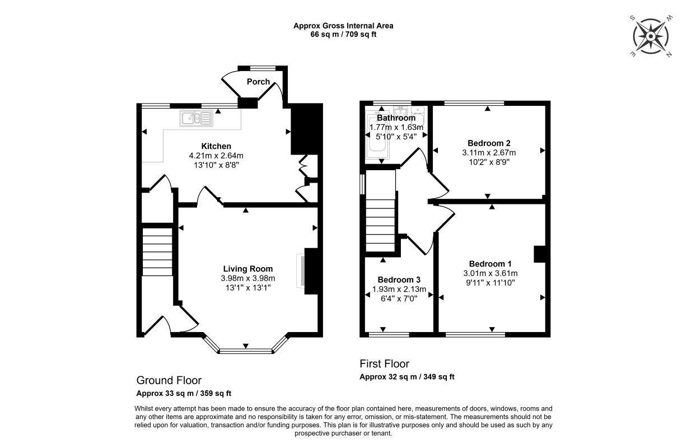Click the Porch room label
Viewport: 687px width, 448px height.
coord(258,82)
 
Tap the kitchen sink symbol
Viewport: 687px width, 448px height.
coord(197,118)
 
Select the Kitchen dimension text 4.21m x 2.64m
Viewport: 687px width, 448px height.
coord(216,156)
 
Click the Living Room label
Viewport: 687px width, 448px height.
coord(248,269)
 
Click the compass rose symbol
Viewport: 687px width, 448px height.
coord(651,36)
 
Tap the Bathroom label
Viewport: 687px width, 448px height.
coord(396,118)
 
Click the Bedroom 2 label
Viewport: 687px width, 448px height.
coord(489,143)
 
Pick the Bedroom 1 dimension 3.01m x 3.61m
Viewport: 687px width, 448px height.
coord(490,273)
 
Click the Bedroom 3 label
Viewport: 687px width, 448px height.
coord(399,279)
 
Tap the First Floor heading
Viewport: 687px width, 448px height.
coord(384,363)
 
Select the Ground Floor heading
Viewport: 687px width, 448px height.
coord(169,380)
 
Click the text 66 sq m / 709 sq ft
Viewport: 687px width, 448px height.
coord(343,34)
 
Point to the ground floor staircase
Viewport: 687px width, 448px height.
coord(157,251)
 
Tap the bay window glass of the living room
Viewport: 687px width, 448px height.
coord(246,351)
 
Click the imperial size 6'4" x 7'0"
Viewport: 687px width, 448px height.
coord(399,298)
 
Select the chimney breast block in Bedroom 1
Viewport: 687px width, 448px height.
coord(540,254)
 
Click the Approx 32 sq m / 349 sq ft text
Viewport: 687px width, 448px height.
coord(407,377)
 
